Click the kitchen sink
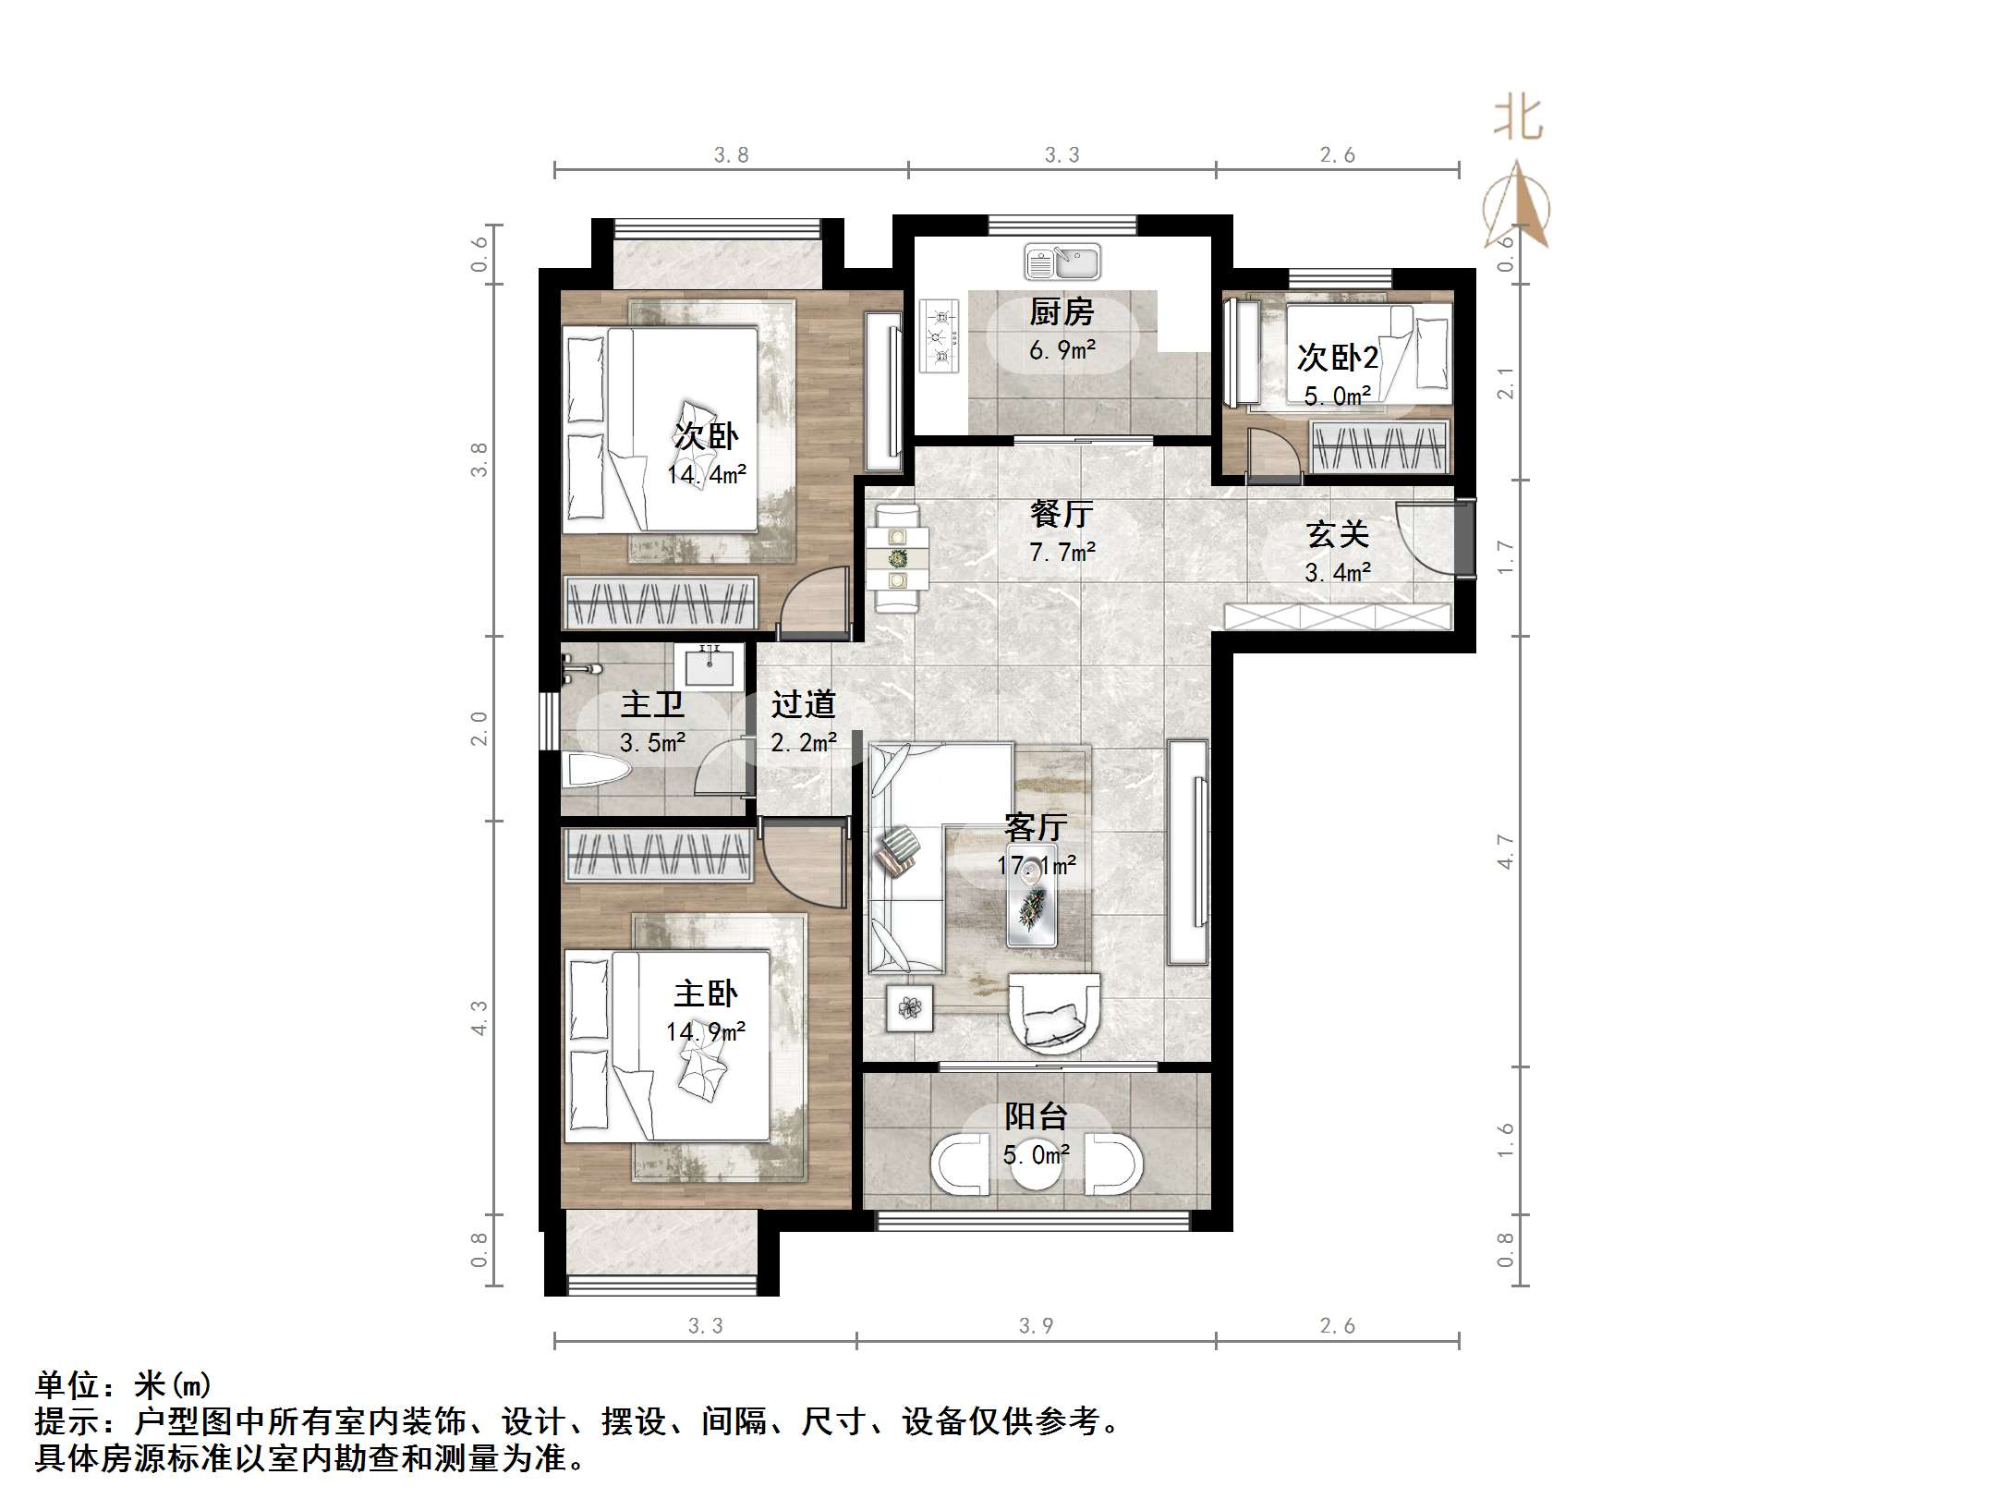pyautogui.click(x=1062, y=262)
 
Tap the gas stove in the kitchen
pyautogui.click(x=939, y=335)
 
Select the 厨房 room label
pyautogui.click(x=1062, y=312)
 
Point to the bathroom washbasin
pyautogui.click(x=709, y=666)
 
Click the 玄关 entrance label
pyautogui.click(x=1337, y=534)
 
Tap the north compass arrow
pyautogui.click(x=1516, y=205)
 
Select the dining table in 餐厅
pyautogui.click(x=898, y=558)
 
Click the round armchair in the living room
pyautogui.click(x=1054, y=1013)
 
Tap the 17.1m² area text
pyautogui.click(x=1036, y=866)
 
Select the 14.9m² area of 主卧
pyautogui.click(x=706, y=1031)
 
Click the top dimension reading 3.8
pyautogui.click(x=731, y=155)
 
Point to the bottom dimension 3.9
pyautogui.click(x=1036, y=1326)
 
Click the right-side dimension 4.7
pyautogui.click(x=1505, y=851)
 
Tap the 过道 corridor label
pyautogui.click(x=803, y=704)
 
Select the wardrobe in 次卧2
pyautogui.click(x=1379, y=447)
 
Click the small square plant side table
pyautogui.click(x=910, y=1007)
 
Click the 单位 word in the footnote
pyautogui.click(x=67, y=1385)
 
